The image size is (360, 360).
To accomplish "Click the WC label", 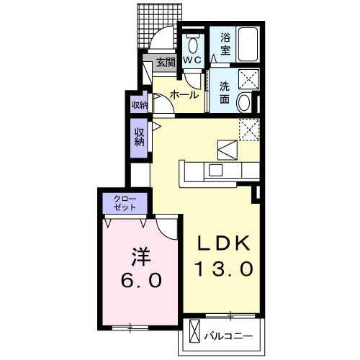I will (x=192, y=61).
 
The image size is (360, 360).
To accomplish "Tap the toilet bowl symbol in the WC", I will (x=192, y=42).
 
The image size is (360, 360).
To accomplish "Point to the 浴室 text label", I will (x=225, y=45).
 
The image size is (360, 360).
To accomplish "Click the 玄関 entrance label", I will (x=165, y=63).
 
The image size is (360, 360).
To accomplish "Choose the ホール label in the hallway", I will (x=184, y=94).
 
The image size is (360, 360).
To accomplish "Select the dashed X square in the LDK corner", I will (x=249, y=127).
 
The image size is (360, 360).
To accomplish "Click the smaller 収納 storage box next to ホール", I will (x=138, y=104).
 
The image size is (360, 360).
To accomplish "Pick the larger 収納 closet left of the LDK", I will (x=138, y=137).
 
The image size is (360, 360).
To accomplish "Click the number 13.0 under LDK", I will (x=224, y=269).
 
